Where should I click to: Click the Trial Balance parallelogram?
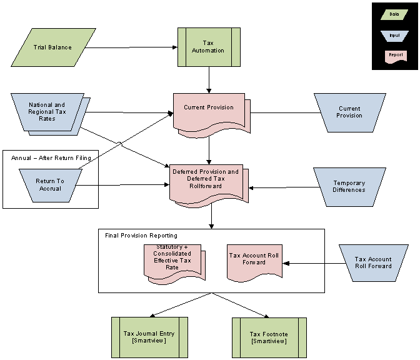(53, 47)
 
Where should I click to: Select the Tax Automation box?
(209, 47)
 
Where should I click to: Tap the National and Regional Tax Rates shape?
(47, 112)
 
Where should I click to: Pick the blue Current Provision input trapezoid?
(349, 112)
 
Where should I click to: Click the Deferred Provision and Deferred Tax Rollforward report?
(206, 181)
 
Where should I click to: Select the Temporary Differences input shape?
(349, 186)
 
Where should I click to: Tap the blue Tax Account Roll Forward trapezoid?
(373, 262)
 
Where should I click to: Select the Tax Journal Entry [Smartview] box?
(149, 337)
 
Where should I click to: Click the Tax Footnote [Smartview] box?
(269, 337)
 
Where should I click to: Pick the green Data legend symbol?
(394, 13)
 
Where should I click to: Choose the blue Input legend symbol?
(394, 35)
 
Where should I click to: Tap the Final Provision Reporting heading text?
(141, 236)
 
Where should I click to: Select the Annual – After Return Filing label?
(51, 157)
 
